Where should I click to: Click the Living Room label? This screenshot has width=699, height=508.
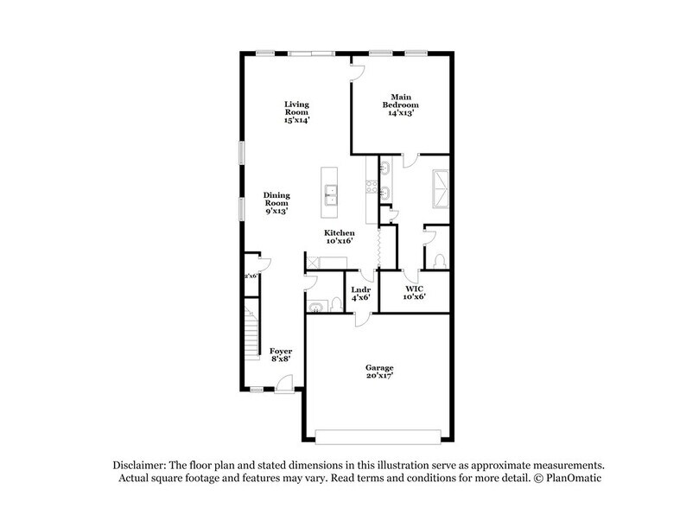coord(296,112)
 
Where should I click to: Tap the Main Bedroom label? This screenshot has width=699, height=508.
coord(399,105)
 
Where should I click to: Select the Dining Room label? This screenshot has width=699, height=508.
coord(276,202)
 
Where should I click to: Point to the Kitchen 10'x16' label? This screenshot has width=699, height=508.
coord(340,238)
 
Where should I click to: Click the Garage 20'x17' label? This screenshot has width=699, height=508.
coord(378,373)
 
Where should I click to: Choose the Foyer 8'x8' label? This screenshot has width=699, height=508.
coord(280,356)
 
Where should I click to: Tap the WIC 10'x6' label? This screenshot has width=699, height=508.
coord(415,293)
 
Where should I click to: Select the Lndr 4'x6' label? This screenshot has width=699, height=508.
coord(361,294)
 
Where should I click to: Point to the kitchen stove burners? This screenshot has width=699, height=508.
coord(372,185)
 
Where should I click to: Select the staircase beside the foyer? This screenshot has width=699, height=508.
coord(251,333)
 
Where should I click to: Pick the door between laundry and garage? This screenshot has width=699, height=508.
coord(360,318)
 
